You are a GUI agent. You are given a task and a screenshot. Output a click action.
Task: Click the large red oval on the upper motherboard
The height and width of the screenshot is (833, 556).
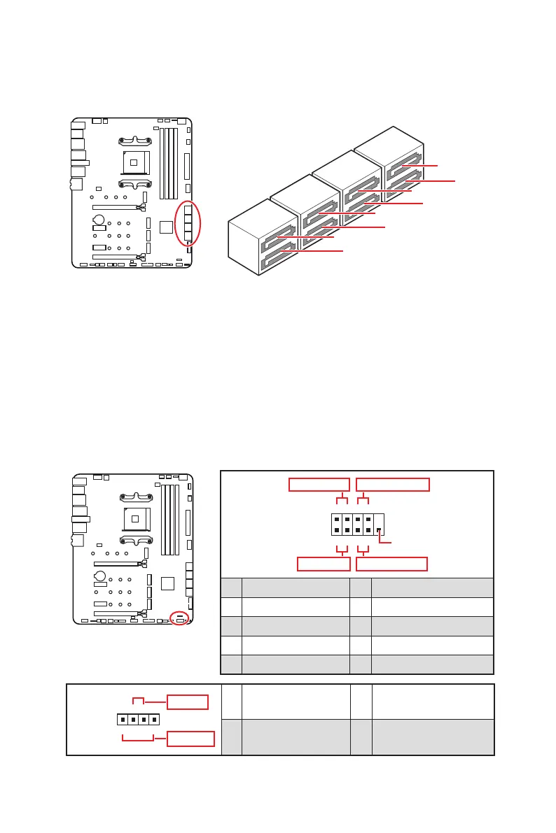point(188,222)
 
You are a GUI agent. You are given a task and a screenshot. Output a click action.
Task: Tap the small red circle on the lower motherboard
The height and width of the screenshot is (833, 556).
point(180,619)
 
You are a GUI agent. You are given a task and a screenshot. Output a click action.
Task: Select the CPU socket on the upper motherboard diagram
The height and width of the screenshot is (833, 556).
point(134,162)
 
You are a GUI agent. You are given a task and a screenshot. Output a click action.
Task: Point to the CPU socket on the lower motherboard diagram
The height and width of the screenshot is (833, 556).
point(134,519)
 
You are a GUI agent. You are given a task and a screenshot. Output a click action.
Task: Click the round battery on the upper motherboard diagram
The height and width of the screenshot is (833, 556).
point(100,219)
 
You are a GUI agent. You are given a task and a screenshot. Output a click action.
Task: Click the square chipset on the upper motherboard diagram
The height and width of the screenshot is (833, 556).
point(165,227)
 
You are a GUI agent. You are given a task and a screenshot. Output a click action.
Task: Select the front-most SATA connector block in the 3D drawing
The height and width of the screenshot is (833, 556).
point(259,238)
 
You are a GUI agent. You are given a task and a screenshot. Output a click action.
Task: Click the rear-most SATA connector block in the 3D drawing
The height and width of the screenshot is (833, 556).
point(389,162)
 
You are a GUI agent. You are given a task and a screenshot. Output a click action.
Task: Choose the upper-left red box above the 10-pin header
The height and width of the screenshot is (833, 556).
point(319,485)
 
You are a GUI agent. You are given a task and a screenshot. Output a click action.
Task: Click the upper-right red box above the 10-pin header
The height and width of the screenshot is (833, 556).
point(393,485)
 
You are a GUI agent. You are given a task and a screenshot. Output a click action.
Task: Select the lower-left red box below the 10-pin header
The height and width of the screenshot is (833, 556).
point(324,564)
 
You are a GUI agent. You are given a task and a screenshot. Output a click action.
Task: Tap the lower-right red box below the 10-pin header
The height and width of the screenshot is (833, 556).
point(391,564)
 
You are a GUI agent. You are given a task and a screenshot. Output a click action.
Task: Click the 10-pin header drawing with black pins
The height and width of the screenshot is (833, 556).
point(357,525)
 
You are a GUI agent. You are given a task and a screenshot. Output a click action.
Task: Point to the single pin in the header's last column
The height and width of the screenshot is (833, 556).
point(379,531)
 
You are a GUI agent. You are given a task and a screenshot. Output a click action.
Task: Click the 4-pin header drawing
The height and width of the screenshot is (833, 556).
point(138,720)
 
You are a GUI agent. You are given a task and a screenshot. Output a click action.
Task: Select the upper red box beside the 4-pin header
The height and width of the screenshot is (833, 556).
point(187,702)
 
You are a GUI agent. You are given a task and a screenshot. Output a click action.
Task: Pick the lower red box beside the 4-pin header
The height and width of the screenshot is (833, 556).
point(190,738)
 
